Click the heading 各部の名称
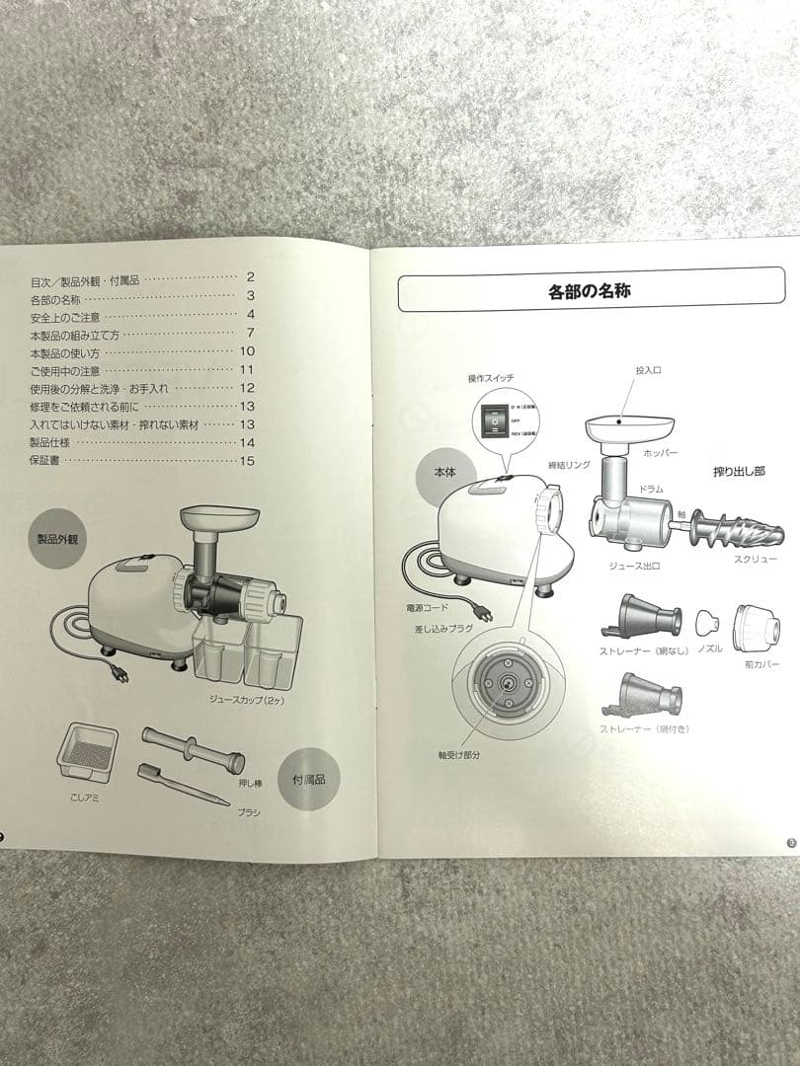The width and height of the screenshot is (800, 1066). [x=590, y=291]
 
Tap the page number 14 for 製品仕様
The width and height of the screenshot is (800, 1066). [x=247, y=442]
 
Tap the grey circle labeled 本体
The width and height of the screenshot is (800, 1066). [x=446, y=473]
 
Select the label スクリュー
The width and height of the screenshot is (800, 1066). [x=755, y=558]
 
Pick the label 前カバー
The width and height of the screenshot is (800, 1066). [x=761, y=664]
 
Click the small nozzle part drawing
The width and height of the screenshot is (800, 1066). [x=705, y=622]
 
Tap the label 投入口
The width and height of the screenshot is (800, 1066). [x=647, y=370]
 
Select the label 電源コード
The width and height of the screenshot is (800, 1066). [x=427, y=609]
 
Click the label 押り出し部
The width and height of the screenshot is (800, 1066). [x=739, y=473]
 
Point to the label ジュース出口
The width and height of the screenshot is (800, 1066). [x=634, y=567]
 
